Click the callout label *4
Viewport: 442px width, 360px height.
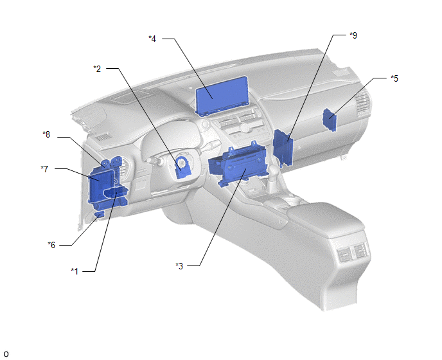152,39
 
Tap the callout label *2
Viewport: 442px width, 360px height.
97,69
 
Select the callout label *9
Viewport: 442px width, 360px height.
353,35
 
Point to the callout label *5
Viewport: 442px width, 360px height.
394,78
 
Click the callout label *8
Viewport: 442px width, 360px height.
46,134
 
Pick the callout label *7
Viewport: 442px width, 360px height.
44,169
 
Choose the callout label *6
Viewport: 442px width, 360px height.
51,245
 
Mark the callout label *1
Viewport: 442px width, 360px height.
75,271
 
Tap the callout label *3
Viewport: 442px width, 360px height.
179,265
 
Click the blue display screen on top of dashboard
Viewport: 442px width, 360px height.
222,96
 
